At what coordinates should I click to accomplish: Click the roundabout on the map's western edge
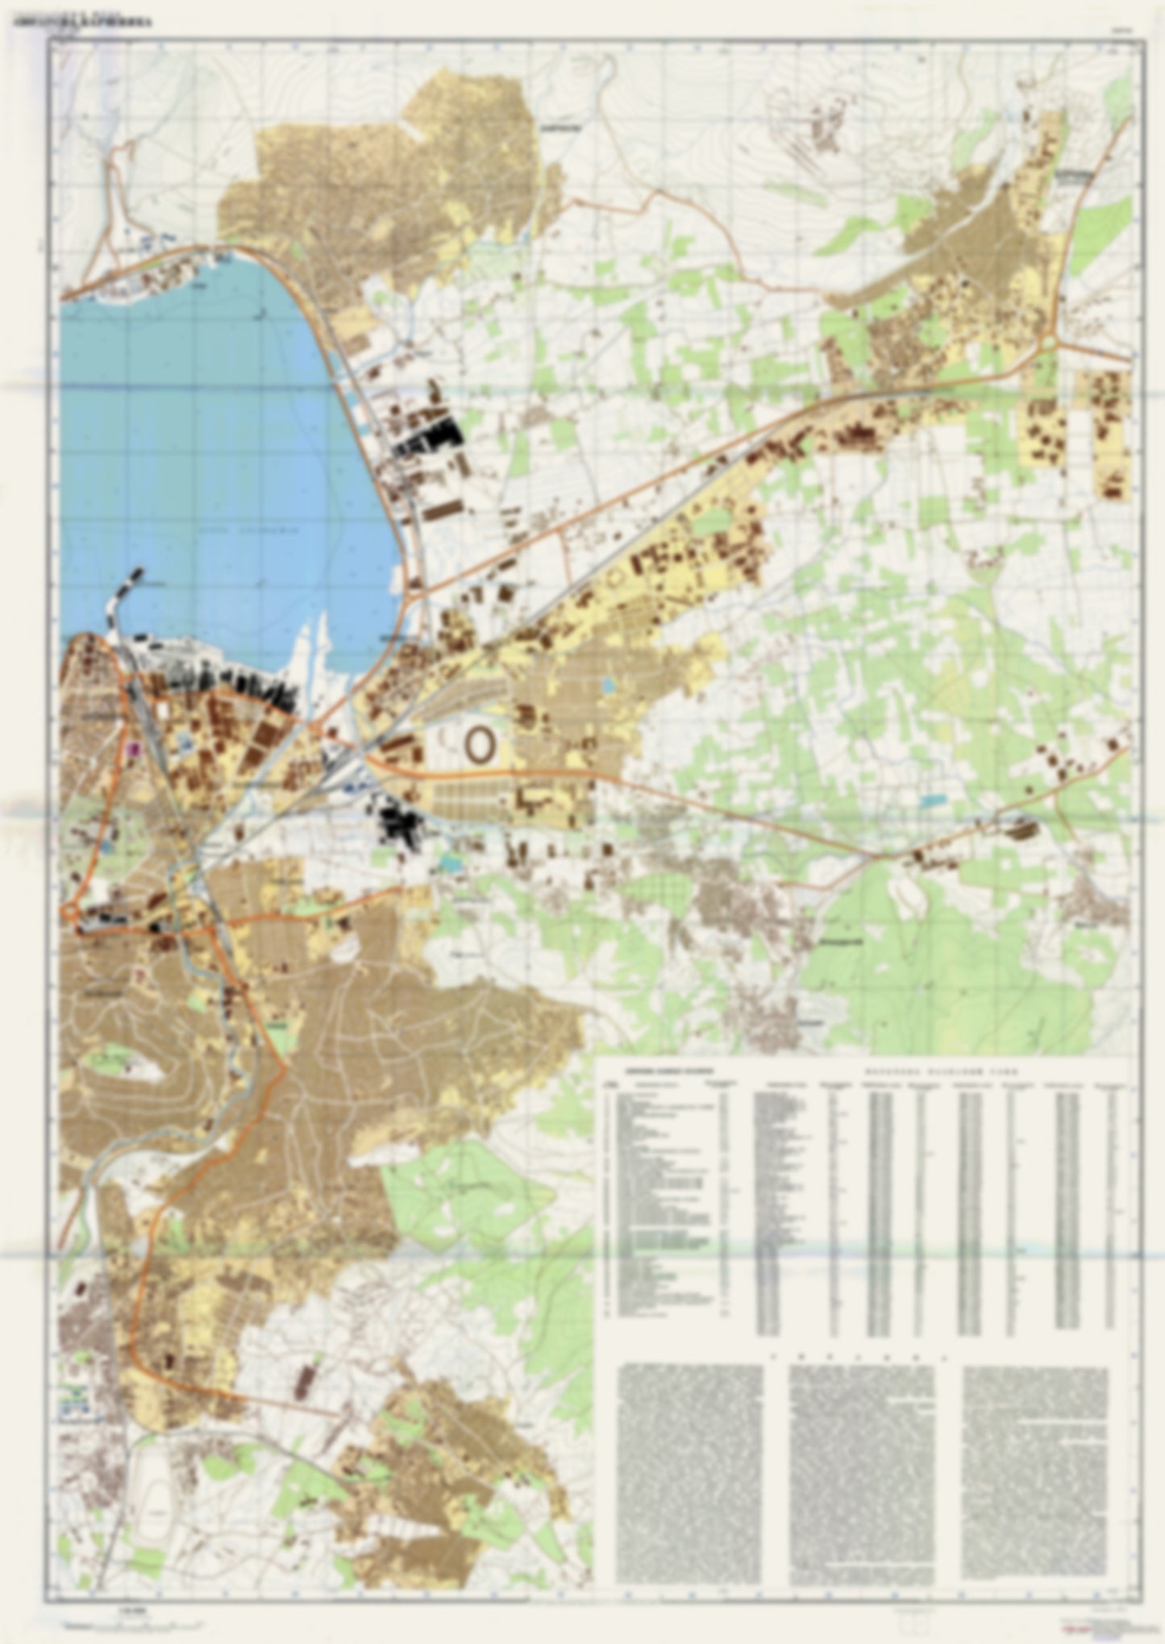[71, 912]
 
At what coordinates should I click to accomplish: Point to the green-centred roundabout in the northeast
[1048, 343]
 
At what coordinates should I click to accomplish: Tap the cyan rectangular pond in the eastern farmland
[932, 801]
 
